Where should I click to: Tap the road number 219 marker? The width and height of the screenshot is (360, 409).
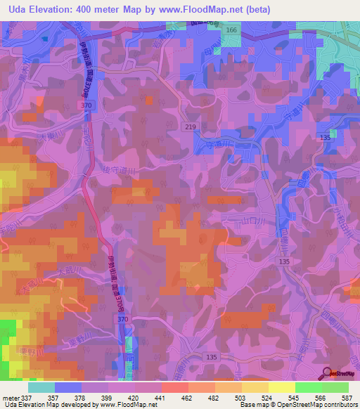point(191,126)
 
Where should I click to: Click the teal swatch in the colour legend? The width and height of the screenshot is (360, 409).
point(41,387)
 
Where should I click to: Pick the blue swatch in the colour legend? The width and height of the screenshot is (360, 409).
point(68,387)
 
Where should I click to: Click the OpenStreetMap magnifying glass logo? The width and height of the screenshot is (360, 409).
point(327,373)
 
